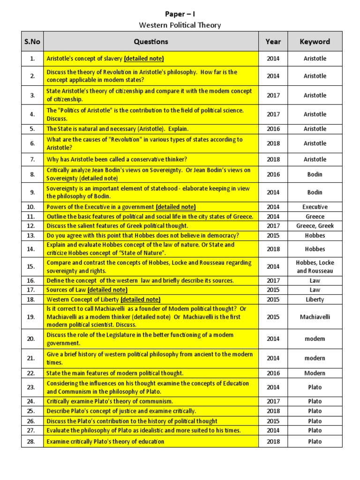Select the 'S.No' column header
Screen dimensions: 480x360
click(32, 42)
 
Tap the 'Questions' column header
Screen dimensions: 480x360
click(150, 42)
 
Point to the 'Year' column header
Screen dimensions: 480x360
click(273, 42)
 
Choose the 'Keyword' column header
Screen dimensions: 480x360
click(315, 42)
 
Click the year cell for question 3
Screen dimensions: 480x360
click(273, 95)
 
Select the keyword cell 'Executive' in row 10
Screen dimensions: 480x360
click(315, 207)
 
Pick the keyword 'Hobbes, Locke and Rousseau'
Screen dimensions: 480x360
click(315, 267)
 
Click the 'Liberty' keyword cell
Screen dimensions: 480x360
click(315, 300)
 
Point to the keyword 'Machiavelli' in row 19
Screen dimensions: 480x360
click(315, 317)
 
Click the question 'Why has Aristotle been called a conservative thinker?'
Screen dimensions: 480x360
click(117, 159)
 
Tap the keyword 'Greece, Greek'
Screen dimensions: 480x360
click(315, 225)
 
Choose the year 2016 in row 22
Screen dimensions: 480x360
click(273, 373)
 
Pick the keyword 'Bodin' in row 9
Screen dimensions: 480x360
click(315, 192)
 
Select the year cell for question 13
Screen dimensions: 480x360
click(273, 235)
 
